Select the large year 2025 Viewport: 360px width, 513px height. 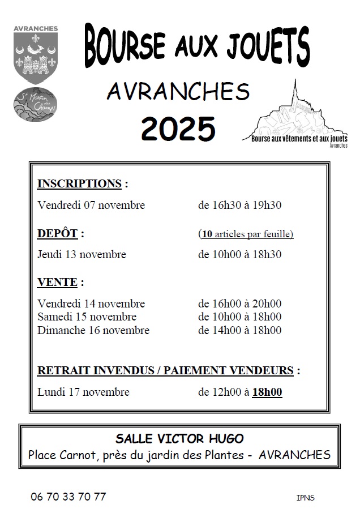[x=178, y=128]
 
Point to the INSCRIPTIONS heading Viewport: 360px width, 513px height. [x=79, y=183]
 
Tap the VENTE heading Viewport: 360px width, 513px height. [x=56, y=282]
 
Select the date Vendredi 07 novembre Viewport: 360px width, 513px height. [x=91, y=205]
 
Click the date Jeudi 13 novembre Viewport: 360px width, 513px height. [x=82, y=254]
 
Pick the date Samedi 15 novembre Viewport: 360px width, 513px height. [x=87, y=317]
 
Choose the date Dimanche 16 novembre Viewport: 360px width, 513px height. [x=93, y=330]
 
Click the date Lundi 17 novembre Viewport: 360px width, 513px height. [x=83, y=392]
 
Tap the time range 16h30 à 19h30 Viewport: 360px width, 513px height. [x=239, y=205]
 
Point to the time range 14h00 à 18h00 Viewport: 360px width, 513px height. [x=239, y=330]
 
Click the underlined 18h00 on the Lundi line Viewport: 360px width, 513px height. [x=267, y=392]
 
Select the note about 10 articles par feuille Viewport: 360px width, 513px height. [x=246, y=234]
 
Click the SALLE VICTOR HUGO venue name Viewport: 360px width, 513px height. [x=179, y=438]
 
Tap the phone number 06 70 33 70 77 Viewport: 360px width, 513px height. [x=68, y=497]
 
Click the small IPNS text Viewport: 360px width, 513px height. [x=305, y=498]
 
